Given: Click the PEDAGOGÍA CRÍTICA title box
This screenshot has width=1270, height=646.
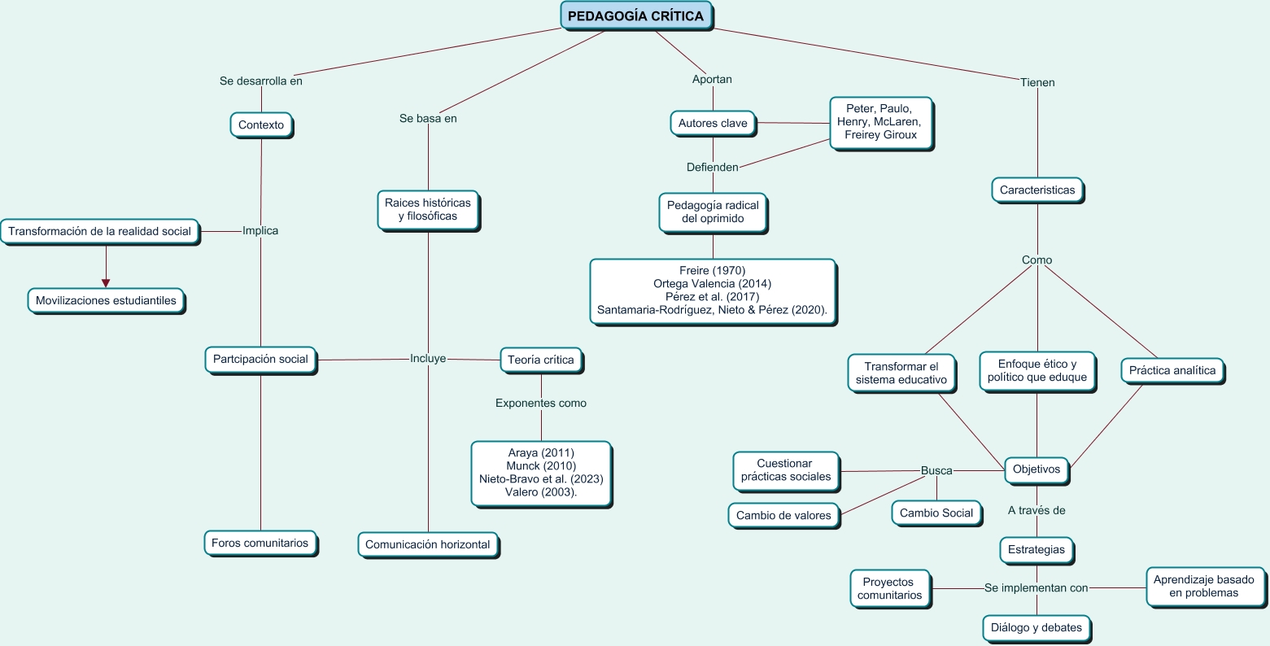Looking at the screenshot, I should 635,15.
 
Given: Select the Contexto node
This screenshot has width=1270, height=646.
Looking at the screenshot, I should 261,125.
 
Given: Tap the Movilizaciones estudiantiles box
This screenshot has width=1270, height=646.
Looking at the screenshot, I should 106,300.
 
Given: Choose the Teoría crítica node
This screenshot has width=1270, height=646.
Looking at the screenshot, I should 540,360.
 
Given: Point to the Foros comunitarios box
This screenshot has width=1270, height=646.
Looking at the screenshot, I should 260,543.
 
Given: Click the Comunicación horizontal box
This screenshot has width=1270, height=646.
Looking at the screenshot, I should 428,544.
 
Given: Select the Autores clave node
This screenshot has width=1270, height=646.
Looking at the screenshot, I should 713,124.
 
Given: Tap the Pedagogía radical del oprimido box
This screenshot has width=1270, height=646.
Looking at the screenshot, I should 713,212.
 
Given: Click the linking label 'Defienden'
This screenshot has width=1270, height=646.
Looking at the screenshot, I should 713,168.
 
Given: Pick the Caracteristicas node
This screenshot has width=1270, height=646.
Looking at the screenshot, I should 1037,190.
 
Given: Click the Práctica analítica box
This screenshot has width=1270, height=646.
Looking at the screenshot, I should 1172,371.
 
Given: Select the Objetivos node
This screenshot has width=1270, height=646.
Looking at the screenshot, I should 1037,469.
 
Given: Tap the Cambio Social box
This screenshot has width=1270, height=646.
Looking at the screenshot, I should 936,513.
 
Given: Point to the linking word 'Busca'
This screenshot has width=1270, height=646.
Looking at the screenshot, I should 936,470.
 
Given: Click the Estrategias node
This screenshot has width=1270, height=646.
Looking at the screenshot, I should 1037,549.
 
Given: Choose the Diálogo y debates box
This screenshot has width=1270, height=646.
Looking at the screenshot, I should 1037,628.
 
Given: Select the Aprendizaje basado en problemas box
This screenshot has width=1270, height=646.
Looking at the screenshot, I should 1204,586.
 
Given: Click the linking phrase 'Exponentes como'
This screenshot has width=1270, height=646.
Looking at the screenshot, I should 541,403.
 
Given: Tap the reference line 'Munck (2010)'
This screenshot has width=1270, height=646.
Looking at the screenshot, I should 541,466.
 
